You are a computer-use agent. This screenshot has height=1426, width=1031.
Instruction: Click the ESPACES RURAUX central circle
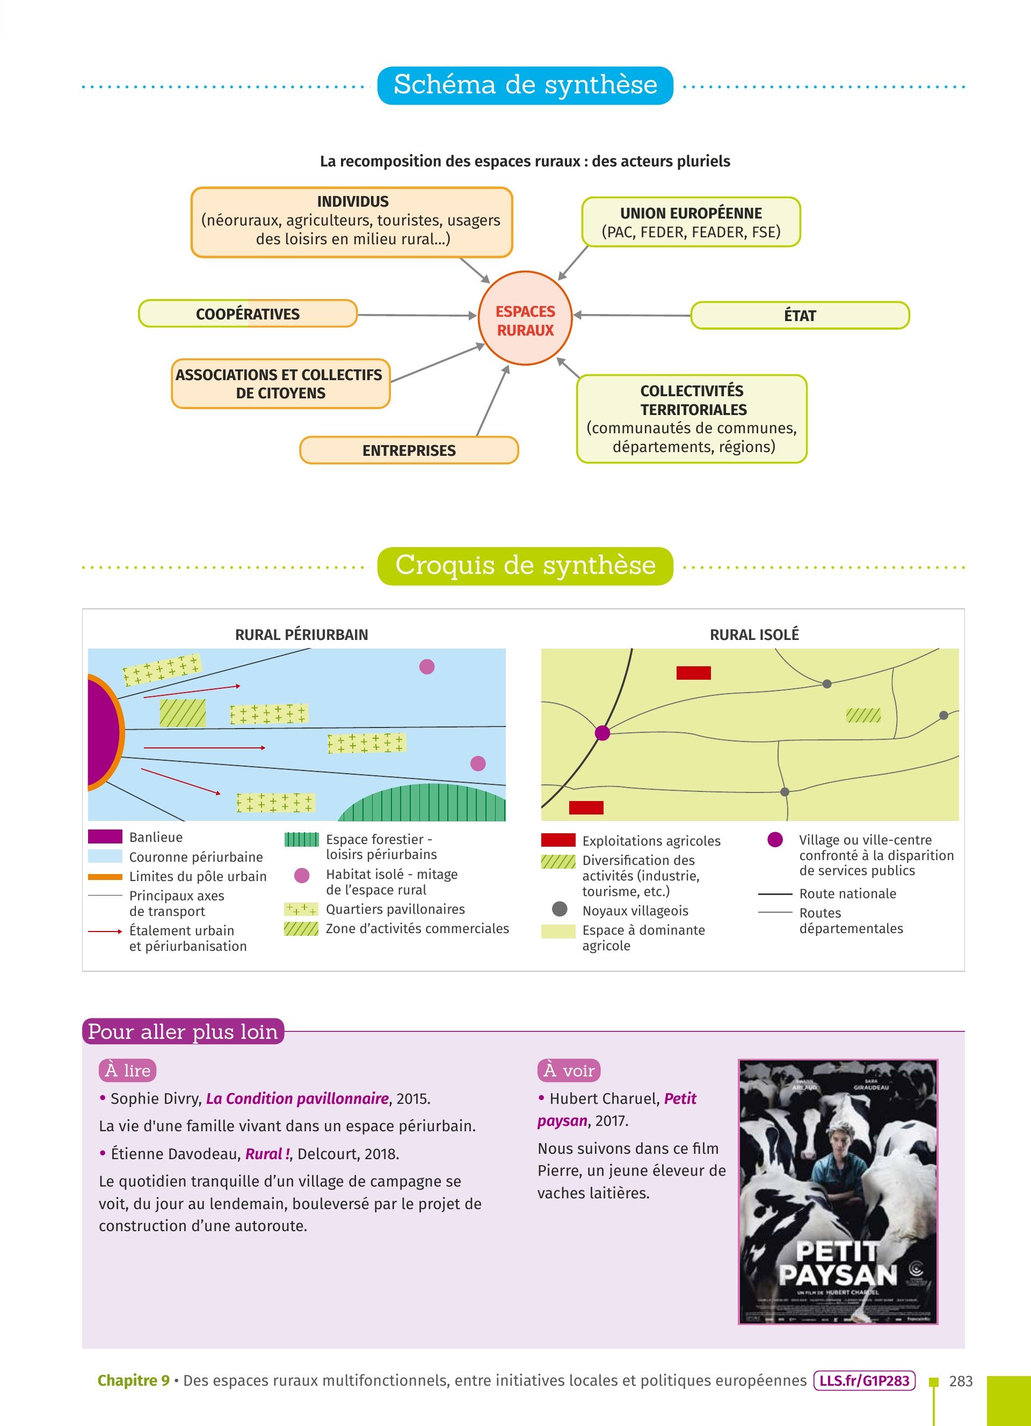click(x=525, y=318)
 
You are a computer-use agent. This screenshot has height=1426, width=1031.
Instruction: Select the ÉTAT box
click(x=800, y=315)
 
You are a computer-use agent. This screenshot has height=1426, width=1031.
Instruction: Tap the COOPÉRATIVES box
click(x=248, y=314)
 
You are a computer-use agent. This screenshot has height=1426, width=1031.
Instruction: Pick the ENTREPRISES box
click(x=409, y=450)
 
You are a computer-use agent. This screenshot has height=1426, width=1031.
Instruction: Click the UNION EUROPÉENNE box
click(x=691, y=222)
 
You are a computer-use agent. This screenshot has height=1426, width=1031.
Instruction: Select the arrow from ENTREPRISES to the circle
click(x=492, y=401)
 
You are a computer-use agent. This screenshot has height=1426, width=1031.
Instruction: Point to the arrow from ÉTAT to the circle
click(x=632, y=315)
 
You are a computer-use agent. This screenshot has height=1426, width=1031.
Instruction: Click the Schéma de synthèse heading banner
click(x=525, y=85)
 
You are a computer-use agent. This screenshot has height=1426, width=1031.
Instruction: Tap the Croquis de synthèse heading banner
click(x=525, y=565)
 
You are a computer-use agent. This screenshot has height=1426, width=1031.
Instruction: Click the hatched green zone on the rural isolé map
click(x=863, y=715)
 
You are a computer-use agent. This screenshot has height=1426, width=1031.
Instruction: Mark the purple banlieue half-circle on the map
click(x=102, y=732)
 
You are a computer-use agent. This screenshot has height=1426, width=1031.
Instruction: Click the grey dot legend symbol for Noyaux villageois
click(x=559, y=909)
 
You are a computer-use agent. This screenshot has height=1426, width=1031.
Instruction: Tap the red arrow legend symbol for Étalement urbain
click(x=105, y=931)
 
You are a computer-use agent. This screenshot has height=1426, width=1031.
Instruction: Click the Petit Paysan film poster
click(x=837, y=1192)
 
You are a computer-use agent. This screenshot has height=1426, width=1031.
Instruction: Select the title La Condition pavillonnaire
click(x=297, y=1098)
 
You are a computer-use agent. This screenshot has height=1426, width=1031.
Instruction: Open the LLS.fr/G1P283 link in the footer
click(x=864, y=1381)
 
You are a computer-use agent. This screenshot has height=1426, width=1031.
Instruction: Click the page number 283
click(x=960, y=1381)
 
